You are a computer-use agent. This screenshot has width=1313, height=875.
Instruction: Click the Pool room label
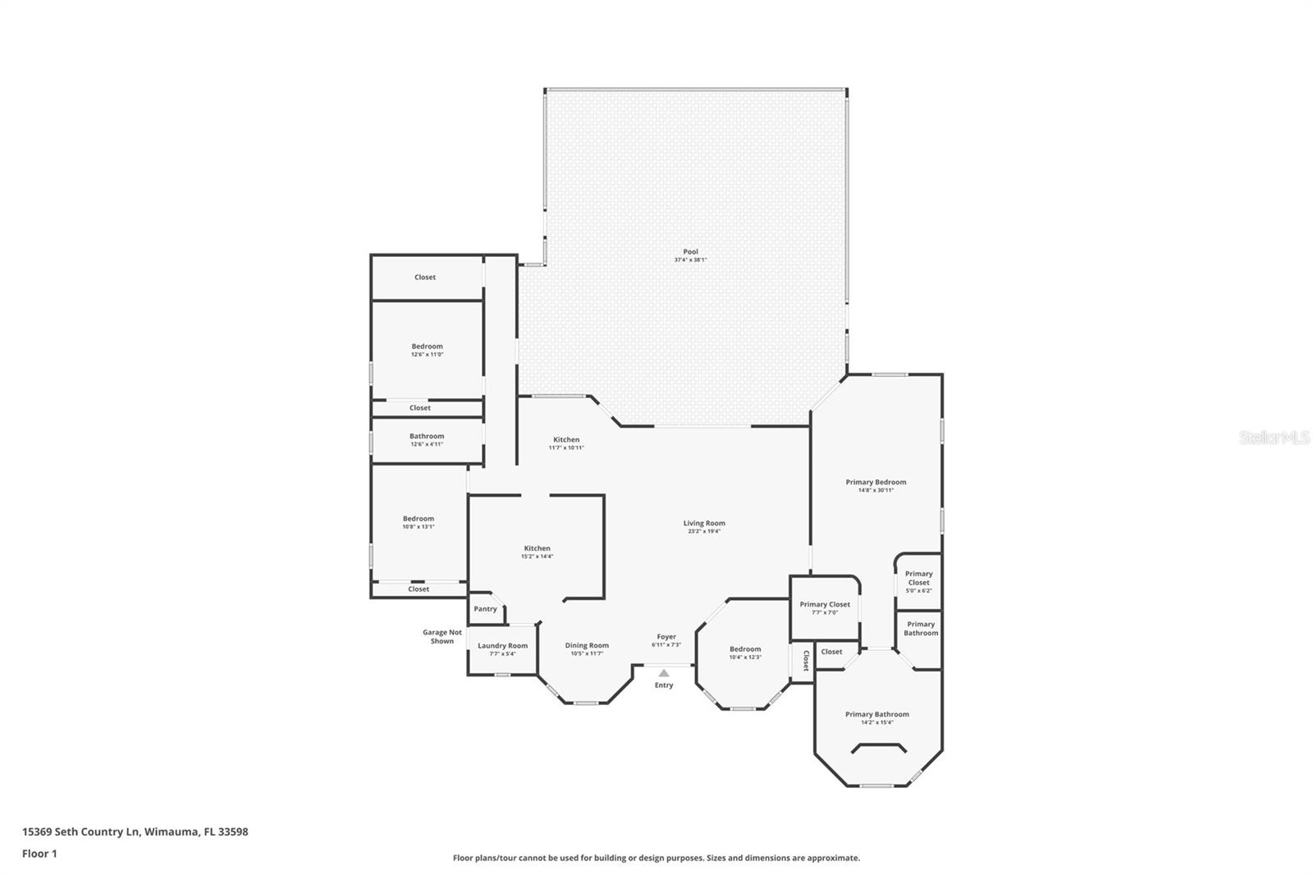pos(691,252)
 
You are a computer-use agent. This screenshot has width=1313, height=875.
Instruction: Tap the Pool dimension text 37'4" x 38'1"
pos(691,260)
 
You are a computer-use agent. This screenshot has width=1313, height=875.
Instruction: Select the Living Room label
pos(704,523)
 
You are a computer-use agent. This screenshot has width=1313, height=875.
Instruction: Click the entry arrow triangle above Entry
pos(664,673)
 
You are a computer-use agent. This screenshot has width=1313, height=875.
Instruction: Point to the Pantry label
pos(485,609)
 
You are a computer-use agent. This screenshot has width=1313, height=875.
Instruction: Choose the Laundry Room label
pos(502,646)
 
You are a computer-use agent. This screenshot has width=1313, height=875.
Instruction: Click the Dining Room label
pos(587,645)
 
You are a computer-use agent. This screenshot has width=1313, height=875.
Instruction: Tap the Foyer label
pos(666,636)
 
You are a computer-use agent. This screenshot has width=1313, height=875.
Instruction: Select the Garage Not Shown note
pos(442,636)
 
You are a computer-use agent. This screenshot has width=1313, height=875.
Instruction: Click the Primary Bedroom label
pos(876,482)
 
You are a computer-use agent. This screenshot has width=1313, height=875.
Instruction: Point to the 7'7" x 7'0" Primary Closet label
pos(825,604)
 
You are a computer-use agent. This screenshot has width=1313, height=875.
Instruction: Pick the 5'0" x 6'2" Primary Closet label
pos(919,578)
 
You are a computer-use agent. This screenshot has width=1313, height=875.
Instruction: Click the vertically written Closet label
pos(805,660)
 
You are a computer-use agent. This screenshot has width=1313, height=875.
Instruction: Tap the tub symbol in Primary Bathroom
pos(878,748)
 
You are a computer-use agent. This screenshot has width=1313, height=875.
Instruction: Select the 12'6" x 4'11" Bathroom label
pos(427,436)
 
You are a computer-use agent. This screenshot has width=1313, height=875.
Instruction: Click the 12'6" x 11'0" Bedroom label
pos(427,346)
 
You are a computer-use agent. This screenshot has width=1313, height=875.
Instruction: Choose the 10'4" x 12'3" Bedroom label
pos(745,648)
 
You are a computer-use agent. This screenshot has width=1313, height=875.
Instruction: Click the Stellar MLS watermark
pos(1274,438)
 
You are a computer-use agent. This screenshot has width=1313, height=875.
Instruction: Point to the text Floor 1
pos(39,854)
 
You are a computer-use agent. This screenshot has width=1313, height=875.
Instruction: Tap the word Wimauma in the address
pos(172,831)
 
